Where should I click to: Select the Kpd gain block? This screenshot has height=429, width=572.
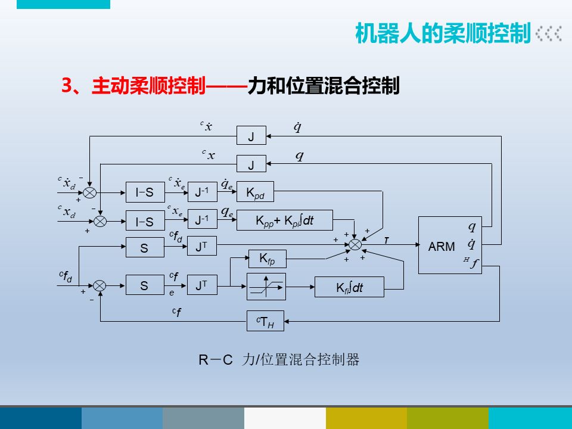click(255, 192)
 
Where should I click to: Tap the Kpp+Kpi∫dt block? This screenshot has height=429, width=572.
click(285, 220)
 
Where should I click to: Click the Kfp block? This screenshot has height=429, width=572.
click(267, 259)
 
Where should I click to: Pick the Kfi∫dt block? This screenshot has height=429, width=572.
click(349, 287)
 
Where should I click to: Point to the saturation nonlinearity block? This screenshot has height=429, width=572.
click(266, 287)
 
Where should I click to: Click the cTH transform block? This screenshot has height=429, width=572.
click(265, 321)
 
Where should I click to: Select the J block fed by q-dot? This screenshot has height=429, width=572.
click(251, 136)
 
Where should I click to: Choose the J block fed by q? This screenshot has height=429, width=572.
click(251, 164)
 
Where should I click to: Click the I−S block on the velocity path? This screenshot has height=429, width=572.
click(145, 192)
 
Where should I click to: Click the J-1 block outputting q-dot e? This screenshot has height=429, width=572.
click(203, 192)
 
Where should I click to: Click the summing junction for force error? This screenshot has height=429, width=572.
click(100, 286)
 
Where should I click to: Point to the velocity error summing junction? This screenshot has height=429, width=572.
click(89, 192)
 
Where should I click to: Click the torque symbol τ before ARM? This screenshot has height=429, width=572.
click(386, 239)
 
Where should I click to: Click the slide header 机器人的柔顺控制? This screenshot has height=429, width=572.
click(442, 34)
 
